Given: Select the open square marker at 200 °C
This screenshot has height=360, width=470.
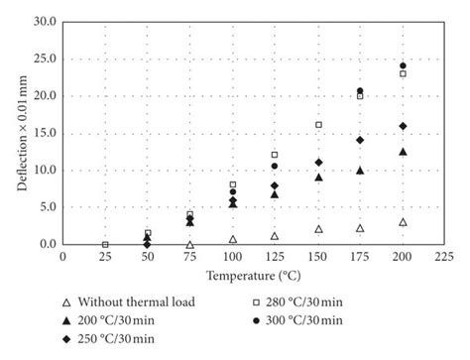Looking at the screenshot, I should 403,73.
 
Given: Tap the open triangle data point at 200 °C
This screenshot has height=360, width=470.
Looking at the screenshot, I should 403,222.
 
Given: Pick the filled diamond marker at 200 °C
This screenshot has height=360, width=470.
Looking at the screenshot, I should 403,126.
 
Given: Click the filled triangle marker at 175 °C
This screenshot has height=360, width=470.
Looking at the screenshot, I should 360,171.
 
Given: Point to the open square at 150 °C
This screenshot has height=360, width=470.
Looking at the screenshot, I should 318,125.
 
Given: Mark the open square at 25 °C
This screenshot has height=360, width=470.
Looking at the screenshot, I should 105,244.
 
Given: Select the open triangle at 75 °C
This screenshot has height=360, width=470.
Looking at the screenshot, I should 189,244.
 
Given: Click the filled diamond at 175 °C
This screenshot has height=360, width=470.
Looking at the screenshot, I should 360,140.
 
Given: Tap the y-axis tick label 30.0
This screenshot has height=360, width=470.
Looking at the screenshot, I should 44,21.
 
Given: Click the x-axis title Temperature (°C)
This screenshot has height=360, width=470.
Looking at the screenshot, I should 253,273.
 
